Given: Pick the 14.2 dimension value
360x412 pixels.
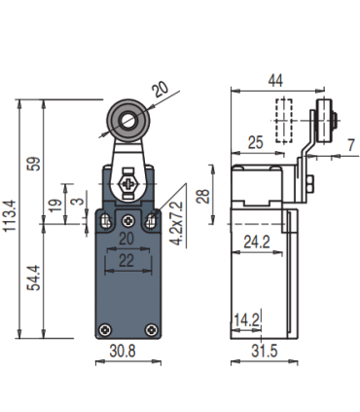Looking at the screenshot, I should (245, 318).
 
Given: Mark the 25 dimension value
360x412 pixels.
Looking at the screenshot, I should (258, 143).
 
